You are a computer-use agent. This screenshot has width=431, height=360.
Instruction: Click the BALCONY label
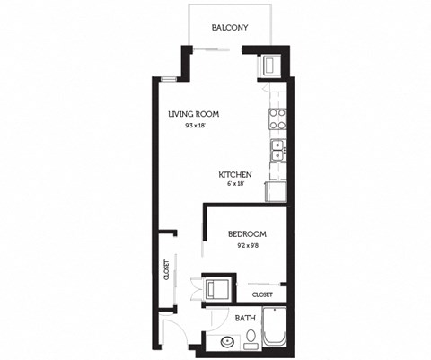point(230,28)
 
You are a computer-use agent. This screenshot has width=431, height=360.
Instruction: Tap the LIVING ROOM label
point(194,114)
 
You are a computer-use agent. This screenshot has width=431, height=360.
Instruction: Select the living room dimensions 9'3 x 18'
point(193,127)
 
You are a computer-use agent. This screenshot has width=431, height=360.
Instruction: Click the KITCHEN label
point(234,174)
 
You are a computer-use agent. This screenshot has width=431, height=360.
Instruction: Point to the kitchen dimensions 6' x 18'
point(235,184)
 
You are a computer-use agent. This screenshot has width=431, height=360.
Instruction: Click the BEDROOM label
point(246,234)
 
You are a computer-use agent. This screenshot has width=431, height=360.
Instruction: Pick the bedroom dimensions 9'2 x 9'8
point(246,245)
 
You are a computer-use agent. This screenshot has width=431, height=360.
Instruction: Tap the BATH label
point(244,318)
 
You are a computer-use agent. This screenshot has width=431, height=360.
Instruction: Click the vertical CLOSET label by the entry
point(167,270)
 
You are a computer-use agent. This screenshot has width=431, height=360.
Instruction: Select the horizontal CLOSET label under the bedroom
point(262,294)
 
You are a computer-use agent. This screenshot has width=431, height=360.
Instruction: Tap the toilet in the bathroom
point(252,339)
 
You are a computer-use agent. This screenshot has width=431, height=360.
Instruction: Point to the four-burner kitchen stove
point(277,119)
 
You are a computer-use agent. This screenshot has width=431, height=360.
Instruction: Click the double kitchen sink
point(277,149)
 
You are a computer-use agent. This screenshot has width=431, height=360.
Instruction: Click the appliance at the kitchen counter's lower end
point(276,190)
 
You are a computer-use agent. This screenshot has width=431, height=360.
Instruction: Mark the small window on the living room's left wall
point(167,80)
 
